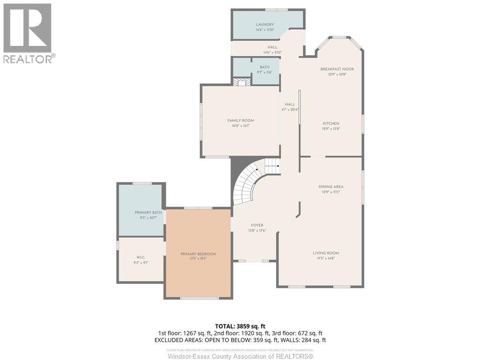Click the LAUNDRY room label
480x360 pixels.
pos(265,24)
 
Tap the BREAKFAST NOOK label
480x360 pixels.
pos(337,69)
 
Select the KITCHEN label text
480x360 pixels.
pos(330,124)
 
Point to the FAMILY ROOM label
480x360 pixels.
pos(240,120)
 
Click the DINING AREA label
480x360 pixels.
pos(331,187)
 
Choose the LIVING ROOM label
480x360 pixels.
pos(326,253)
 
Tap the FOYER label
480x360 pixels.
pos(257,225)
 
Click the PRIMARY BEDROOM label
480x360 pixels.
pos(198,254)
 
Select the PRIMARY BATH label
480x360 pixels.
pos(148,213)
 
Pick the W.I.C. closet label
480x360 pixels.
pos(141,257)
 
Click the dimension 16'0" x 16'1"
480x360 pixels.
pos(240,126)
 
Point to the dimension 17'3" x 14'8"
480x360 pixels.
pos(326,258)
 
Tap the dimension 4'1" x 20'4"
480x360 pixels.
pos(290,110)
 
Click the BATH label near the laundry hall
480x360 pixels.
pos(264,67)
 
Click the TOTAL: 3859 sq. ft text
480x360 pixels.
pos(240,326)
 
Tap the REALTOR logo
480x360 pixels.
pos(28,33)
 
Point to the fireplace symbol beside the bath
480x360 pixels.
pos(242,82)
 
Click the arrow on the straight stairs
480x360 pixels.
pos(277,165)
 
